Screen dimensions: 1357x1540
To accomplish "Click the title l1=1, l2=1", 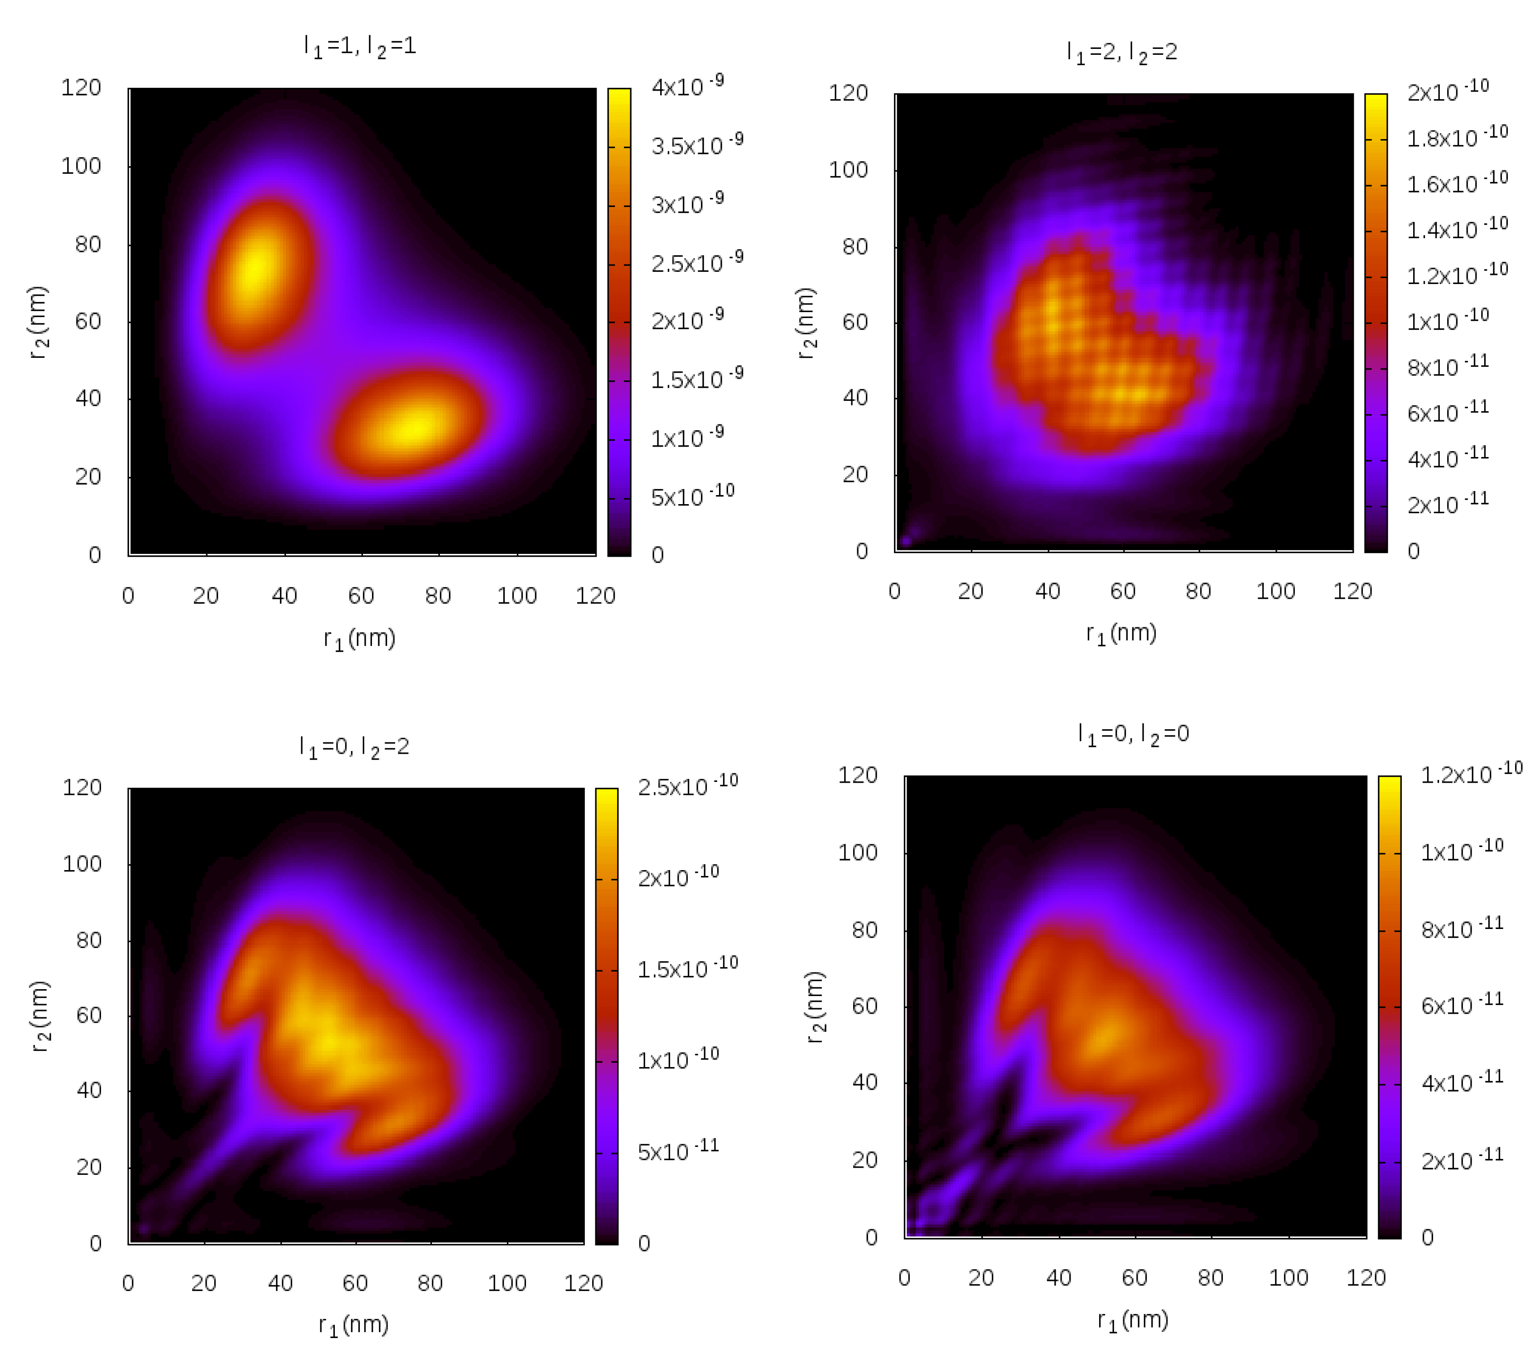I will tap(359, 47).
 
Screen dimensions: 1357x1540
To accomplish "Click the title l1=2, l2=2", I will tap(1121, 52).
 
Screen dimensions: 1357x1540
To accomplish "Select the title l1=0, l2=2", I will tap(354, 746).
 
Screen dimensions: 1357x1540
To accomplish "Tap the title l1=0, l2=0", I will tap(1133, 733).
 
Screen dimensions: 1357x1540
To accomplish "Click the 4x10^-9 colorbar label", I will tap(687, 86).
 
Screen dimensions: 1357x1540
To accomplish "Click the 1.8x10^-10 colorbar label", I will tap(1456, 137).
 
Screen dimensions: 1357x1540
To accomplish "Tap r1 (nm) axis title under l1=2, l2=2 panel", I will tap(1120, 633).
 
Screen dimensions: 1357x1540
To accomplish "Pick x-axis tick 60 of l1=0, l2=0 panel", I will tap(1134, 1277).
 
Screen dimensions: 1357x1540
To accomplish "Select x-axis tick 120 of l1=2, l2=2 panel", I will tap(1352, 591).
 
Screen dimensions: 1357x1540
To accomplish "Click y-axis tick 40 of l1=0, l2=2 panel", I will tap(89, 1090).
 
